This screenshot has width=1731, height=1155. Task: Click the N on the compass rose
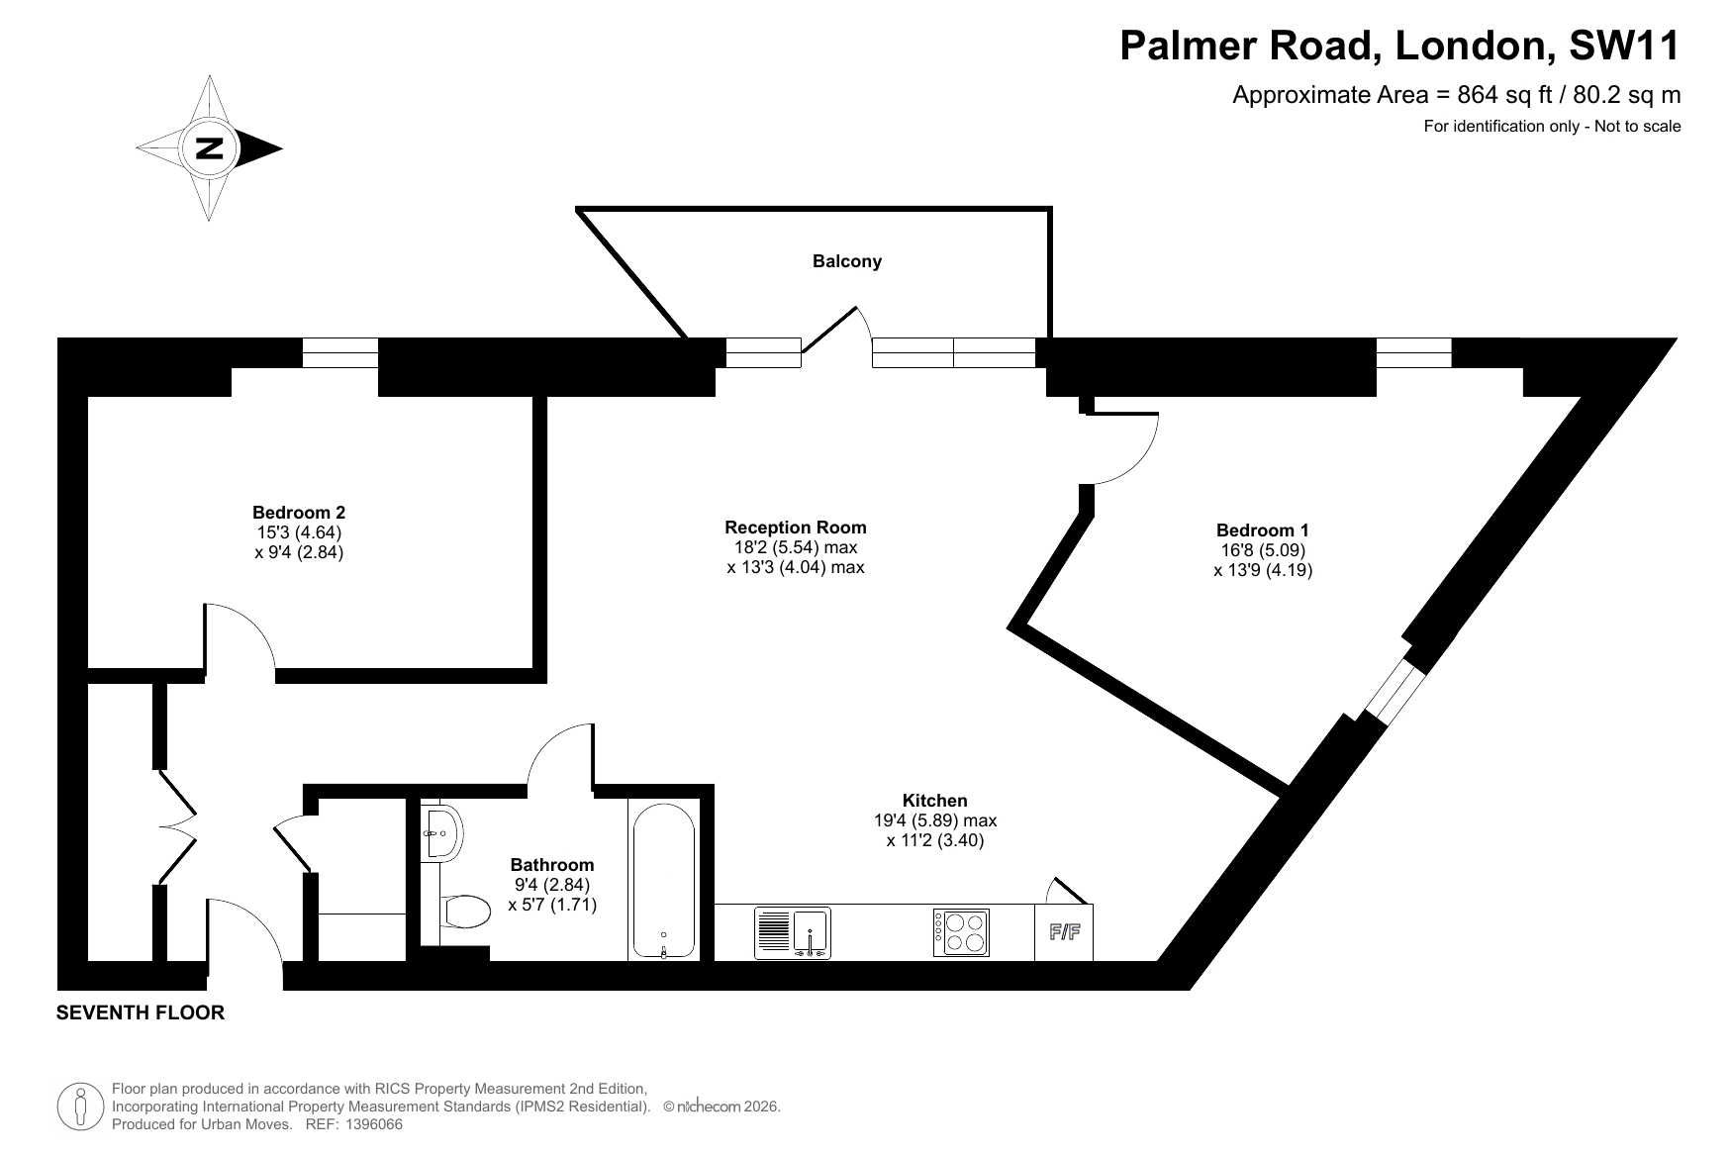pyautogui.click(x=209, y=148)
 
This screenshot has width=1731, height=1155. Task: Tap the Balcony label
pyautogui.click(x=846, y=261)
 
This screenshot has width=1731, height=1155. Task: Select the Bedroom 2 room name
pyautogui.click(x=299, y=513)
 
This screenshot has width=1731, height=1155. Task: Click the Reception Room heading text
pyautogui.click(x=796, y=528)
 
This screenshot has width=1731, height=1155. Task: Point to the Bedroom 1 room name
pyautogui.click(x=1263, y=530)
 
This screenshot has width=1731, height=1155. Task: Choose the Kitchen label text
pyautogui.click(x=934, y=801)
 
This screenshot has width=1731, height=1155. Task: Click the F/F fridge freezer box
pyautogui.click(x=1064, y=932)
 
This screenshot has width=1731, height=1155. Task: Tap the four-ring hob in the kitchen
pyautogui.click(x=960, y=932)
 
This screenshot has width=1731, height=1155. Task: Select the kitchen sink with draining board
pyautogui.click(x=793, y=932)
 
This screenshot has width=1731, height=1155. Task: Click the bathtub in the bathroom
pyautogui.click(x=663, y=881)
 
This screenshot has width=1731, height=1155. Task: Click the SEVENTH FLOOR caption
pyautogui.click(x=141, y=1012)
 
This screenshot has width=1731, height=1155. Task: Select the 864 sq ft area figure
pyautogui.click(x=1506, y=95)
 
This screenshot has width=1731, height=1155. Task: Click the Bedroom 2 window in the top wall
pyautogui.click(x=340, y=352)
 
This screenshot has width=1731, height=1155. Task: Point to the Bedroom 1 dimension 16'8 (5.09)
pyautogui.click(x=1263, y=550)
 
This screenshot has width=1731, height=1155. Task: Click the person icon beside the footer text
pyautogui.click(x=81, y=1107)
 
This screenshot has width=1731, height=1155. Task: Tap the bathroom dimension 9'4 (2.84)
pyautogui.click(x=552, y=885)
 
